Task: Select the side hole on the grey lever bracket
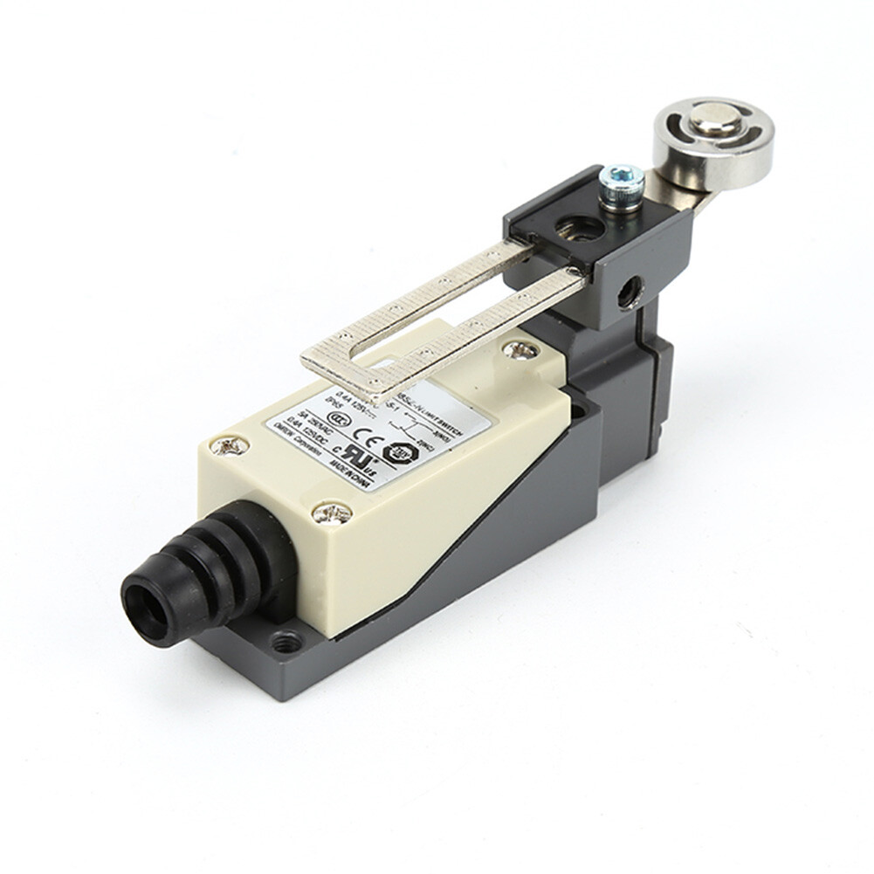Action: click(x=627, y=294)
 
